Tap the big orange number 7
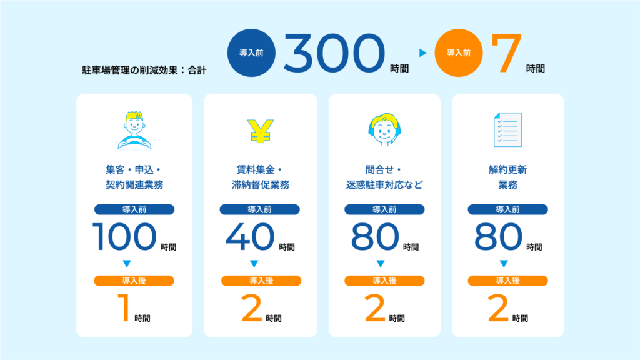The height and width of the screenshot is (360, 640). pyautogui.click(x=504, y=52)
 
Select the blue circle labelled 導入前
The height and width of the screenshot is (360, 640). pyautogui.click(x=251, y=53)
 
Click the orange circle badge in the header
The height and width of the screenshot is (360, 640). pyautogui.click(x=458, y=53)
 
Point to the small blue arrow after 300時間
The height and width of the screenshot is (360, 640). pyautogui.click(x=422, y=54)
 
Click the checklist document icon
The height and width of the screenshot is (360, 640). pyautogui.click(x=507, y=130)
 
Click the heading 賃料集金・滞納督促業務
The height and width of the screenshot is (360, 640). pyautogui.click(x=258, y=177)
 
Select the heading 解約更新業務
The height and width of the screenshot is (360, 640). pyautogui.click(x=507, y=177)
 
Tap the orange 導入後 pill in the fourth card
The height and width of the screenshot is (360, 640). pyautogui.click(x=507, y=281)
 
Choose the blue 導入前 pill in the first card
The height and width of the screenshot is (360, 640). pyautogui.click(x=134, y=209)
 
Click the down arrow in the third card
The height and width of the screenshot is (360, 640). pyautogui.click(x=380, y=263)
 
